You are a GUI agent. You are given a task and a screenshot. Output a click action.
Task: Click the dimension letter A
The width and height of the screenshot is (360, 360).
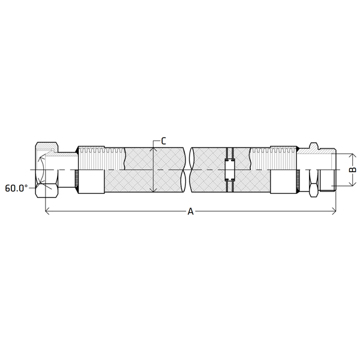point(190,211)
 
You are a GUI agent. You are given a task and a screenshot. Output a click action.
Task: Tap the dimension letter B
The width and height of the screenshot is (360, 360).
point(352,170)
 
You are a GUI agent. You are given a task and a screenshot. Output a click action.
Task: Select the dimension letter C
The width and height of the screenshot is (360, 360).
point(163,141)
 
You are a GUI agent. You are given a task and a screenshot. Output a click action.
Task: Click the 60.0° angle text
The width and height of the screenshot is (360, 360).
point(16,188)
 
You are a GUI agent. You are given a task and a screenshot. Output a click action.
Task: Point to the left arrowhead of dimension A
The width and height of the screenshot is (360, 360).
point(47,211)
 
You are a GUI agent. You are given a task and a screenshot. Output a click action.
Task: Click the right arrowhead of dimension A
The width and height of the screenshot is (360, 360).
point(334,211)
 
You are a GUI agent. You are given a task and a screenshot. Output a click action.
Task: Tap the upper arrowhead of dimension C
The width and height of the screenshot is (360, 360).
point(153,149)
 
